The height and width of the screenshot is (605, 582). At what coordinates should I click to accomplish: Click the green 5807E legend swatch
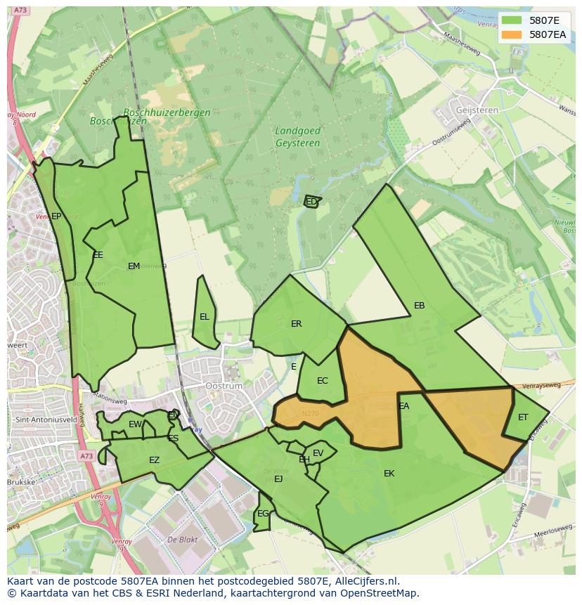[512, 20]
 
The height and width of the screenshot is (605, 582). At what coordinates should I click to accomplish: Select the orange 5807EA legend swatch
[512, 34]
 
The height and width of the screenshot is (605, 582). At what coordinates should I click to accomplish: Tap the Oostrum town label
[224, 386]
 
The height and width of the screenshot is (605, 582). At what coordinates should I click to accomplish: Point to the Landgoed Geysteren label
[297, 137]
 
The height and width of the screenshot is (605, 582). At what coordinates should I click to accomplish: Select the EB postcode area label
[419, 306]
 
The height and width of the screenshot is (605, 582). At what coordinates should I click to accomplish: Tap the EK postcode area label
[389, 474]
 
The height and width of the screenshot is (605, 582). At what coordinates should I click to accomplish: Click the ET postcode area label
[523, 417]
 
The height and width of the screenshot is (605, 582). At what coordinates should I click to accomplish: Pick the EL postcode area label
[205, 317]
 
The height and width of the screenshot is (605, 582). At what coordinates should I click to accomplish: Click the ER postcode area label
[296, 324]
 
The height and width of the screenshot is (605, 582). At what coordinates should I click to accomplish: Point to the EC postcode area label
[322, 381]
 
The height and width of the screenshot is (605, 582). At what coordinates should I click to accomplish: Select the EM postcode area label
[134, 266]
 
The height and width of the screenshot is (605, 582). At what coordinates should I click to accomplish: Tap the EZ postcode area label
[154, 460]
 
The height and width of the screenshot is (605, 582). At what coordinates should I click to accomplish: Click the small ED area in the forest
[311, 202]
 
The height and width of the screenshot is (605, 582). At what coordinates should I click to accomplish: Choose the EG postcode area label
[262, 514]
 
